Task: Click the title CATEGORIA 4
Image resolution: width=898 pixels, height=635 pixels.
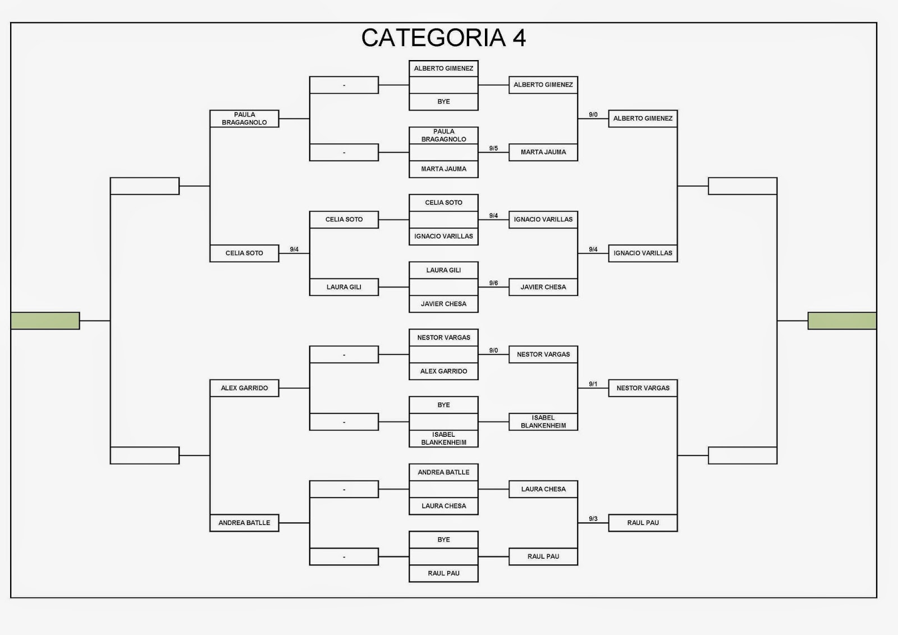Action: tap(443, 38)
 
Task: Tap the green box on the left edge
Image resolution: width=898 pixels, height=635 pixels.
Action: tap(45, 321)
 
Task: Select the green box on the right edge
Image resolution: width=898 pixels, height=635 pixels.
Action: tap(842, 321)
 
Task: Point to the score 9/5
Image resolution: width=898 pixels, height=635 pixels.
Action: tap(493, 148)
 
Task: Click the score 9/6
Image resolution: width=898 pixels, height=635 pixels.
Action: tap(493, 283)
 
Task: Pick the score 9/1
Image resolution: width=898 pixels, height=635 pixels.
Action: tap(593, 384)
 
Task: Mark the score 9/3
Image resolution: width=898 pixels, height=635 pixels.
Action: tap(593, 519)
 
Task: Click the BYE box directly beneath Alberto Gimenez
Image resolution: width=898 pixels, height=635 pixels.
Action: tap(443, 102)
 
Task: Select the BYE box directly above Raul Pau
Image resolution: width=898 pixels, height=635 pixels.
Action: tap(443, 540)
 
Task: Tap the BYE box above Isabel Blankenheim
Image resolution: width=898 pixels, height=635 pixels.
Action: tap(443, 405)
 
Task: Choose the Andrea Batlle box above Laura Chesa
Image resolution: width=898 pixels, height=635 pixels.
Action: tap(443, 472)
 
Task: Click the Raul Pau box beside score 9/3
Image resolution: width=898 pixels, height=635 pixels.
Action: tap(643, 523)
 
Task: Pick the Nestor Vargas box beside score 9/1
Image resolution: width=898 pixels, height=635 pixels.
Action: tap(643, 388)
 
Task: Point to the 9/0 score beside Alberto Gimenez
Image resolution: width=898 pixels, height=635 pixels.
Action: tap(593, 115)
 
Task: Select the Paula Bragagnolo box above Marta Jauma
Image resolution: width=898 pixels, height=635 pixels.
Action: tap(443, 135)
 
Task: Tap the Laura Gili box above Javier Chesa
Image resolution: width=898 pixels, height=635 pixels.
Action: tap(443, 270)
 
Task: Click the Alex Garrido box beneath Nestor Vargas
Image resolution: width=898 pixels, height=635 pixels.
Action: tap(443, 371)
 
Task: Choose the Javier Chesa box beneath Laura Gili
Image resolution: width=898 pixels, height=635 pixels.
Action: tap(443, 304)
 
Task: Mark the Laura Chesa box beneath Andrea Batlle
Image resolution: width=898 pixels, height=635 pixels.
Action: tap(443, 506)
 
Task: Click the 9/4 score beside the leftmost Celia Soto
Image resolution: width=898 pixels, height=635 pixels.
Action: tap(294, 249)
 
